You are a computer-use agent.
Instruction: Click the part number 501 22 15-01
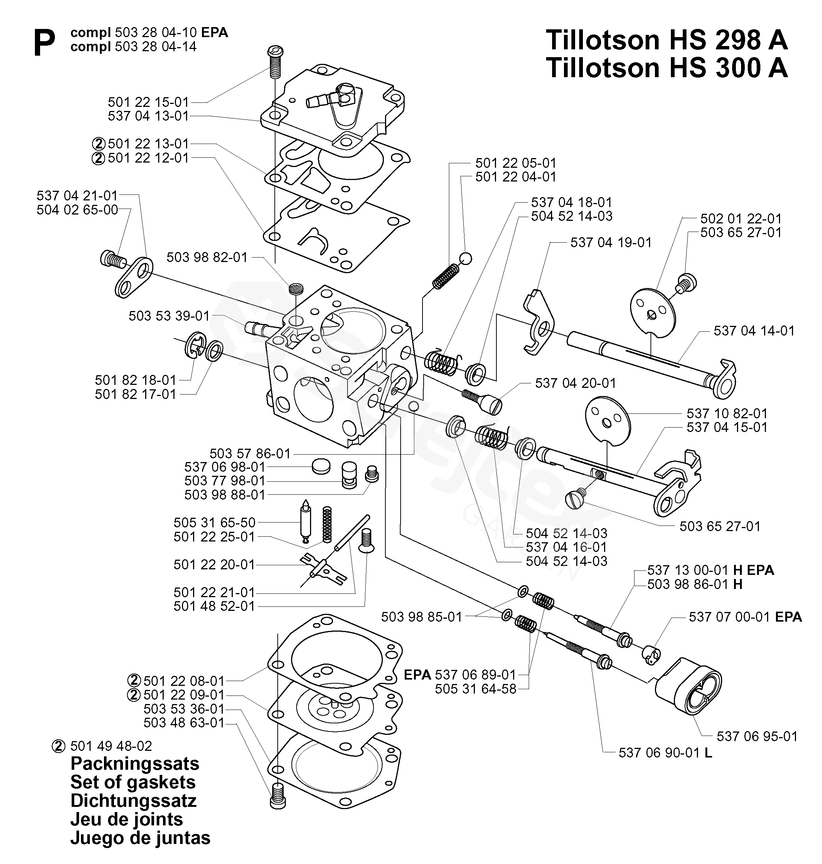click(x=148, y=102)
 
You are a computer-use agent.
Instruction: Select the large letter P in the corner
click(x=44, y=43)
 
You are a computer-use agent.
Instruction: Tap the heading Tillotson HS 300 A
click(x=667, y=68)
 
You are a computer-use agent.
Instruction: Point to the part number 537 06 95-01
click(x=757, y=736)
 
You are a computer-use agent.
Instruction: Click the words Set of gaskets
click(x=133, y=782)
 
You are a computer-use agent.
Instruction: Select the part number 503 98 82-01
click(x=207, y=257)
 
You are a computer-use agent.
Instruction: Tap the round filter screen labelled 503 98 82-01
click(x=296, y=289)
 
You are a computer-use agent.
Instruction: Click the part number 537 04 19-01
click(x=611, y=242)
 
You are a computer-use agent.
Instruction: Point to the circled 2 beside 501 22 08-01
click(x=134, y=681)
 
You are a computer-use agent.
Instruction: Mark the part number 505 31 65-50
click(x=214, y=523)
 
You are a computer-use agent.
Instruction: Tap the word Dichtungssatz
click(x=133, y=801)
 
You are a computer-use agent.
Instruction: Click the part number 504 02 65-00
click(x=77, y=210)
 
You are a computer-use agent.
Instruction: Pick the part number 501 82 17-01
click(x=136, y=394)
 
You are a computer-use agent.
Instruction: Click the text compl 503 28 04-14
click(x=134, y=46)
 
